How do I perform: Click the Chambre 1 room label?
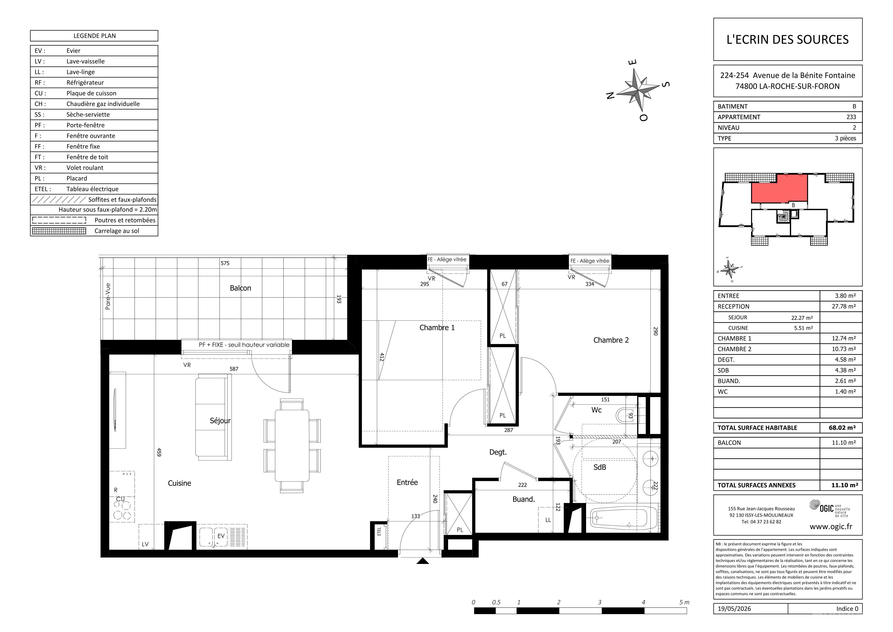click(437, 328)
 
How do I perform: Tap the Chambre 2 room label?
click(611, 340)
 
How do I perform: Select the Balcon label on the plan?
click(240, 288)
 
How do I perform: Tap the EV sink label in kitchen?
click(221, 536)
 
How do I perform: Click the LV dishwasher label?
click(145, 544)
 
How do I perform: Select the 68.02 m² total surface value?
click(842, 428)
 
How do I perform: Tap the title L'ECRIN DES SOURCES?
click(788, 39)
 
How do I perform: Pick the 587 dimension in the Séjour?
click(234, 369)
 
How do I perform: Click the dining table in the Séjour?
click(292, 445)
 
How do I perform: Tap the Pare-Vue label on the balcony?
click(108, 297)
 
